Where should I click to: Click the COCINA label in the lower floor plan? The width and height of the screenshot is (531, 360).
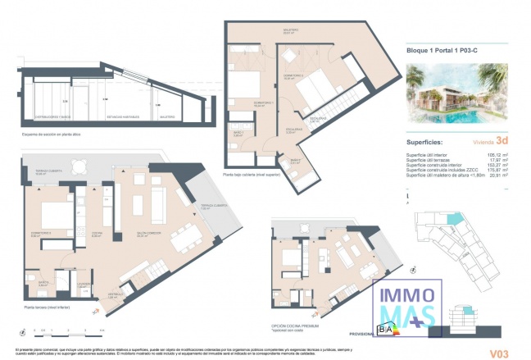point(97,235)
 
